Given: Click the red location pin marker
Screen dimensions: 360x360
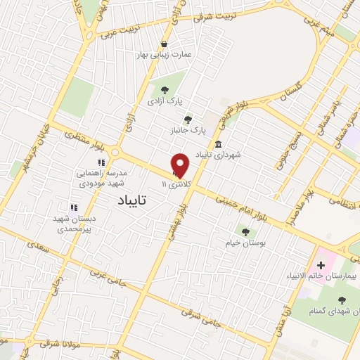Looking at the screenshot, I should click(181, 165).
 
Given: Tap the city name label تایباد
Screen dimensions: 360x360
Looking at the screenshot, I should click(129, 200).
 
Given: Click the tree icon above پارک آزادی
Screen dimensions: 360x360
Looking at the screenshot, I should click(165, 90).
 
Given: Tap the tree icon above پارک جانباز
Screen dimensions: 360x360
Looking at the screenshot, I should click(187, 119).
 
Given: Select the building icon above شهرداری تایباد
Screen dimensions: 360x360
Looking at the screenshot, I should click(219, 144).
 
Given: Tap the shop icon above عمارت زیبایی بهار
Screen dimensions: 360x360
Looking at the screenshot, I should click(165, 43).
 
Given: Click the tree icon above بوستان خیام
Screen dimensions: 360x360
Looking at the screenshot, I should click(245, 231).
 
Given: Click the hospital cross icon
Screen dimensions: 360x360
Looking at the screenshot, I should click(321, 265).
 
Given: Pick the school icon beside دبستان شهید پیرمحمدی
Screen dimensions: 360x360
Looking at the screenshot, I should click(72, 207).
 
